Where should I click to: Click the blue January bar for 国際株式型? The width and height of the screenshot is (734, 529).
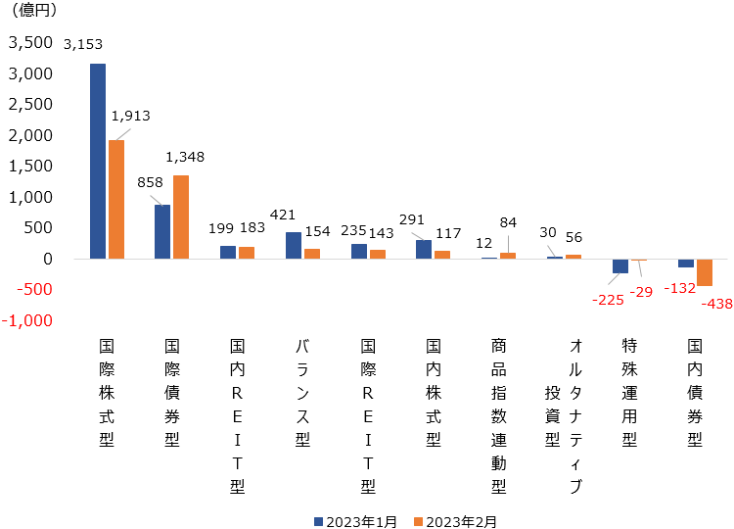click(98, 161)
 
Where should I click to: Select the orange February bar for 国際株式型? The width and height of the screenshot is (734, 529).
click(116, 199)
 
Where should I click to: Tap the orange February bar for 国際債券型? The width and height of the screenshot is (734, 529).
click(181, 216)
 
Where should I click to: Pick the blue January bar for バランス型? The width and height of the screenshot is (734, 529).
click(294, 245)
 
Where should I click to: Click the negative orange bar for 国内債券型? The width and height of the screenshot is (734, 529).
click(705, 272)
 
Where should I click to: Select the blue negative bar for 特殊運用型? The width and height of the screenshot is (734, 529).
click(620, 265)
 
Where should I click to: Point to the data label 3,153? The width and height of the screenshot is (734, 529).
click(82, 44)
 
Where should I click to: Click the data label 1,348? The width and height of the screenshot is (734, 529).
click(185, 157)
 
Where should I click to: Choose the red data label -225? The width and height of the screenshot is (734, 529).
click(610, 299)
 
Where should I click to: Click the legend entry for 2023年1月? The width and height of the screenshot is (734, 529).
click(356, 521)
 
